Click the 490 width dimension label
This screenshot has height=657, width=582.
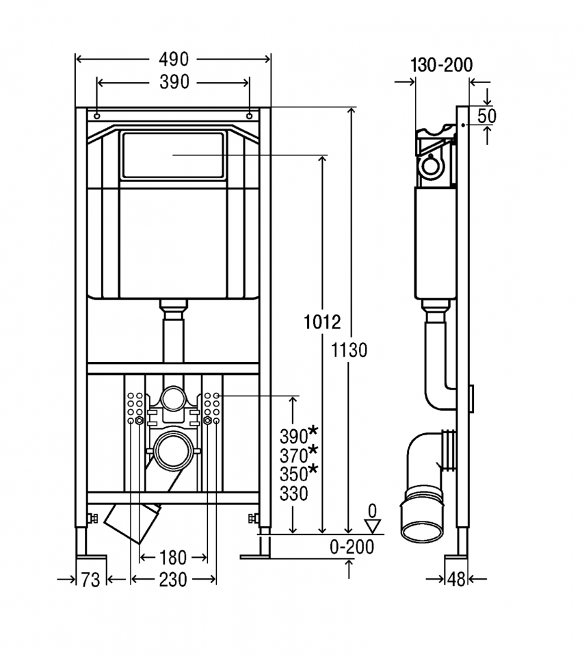point(174,60)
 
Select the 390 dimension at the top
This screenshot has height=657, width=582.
point(174,82)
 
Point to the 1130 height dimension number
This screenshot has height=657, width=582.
point(349,350)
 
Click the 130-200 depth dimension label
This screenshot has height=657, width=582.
point(442,65)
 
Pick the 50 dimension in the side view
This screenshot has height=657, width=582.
point(486,116)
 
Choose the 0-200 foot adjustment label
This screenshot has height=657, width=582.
point(352,547)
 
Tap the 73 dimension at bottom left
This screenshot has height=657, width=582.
point(90,580)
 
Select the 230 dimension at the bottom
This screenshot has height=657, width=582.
point(173,580)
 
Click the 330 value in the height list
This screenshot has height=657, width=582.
point(293,493)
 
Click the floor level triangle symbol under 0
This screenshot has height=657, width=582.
point(372,526)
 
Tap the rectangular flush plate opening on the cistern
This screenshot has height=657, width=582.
point(173,155)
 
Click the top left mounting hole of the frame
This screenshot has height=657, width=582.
point(98,114)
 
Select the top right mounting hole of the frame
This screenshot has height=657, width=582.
point(250,114)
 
